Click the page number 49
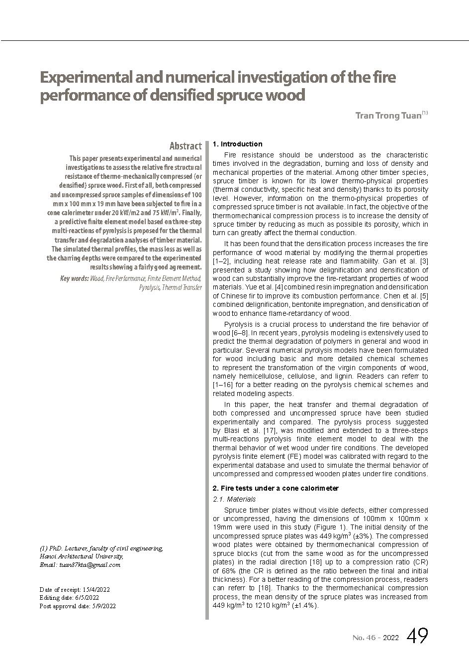point(417,636)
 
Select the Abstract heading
point(185,146)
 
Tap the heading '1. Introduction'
point(237,144)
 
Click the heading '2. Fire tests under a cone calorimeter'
point(276,488)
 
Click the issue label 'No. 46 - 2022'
point(375,638)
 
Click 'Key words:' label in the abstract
point(75,278)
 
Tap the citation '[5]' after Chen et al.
point(424,296)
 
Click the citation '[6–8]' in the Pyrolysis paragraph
point(240,333)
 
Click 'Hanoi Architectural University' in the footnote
point(82,556)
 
